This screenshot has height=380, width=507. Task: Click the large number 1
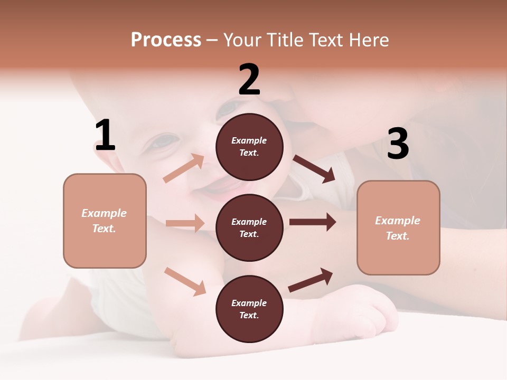pyautogui.click(x=105, y=135)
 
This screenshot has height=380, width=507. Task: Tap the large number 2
pyautogui.click(x=249, y=79)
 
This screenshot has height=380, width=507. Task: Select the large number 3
pyautogui.click(x=398, y=144)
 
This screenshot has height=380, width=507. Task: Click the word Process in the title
pyautogui.click(x=166, y=40)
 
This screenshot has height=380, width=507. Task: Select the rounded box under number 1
pyautogui.click(x=105, y=221)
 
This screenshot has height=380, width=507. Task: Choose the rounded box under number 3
pyautogui.click(x=398, y=227)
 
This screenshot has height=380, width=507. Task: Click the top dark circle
pyautogui.click(x=249, y=147)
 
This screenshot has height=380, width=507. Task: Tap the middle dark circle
pyautogui.click(x=249, y=227)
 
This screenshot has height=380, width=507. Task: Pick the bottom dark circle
pyautogui.click(x=249, y=309)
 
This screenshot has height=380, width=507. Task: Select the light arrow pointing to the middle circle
pyautogui.click(x=185, y=223)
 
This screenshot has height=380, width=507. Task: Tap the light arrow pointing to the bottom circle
pyautogui.click(x=185, y=281)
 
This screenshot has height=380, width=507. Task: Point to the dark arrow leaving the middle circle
pyautogui.click(x=313, y=222)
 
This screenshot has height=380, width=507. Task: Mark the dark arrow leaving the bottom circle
pyautogui.click(x=311, y=280)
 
